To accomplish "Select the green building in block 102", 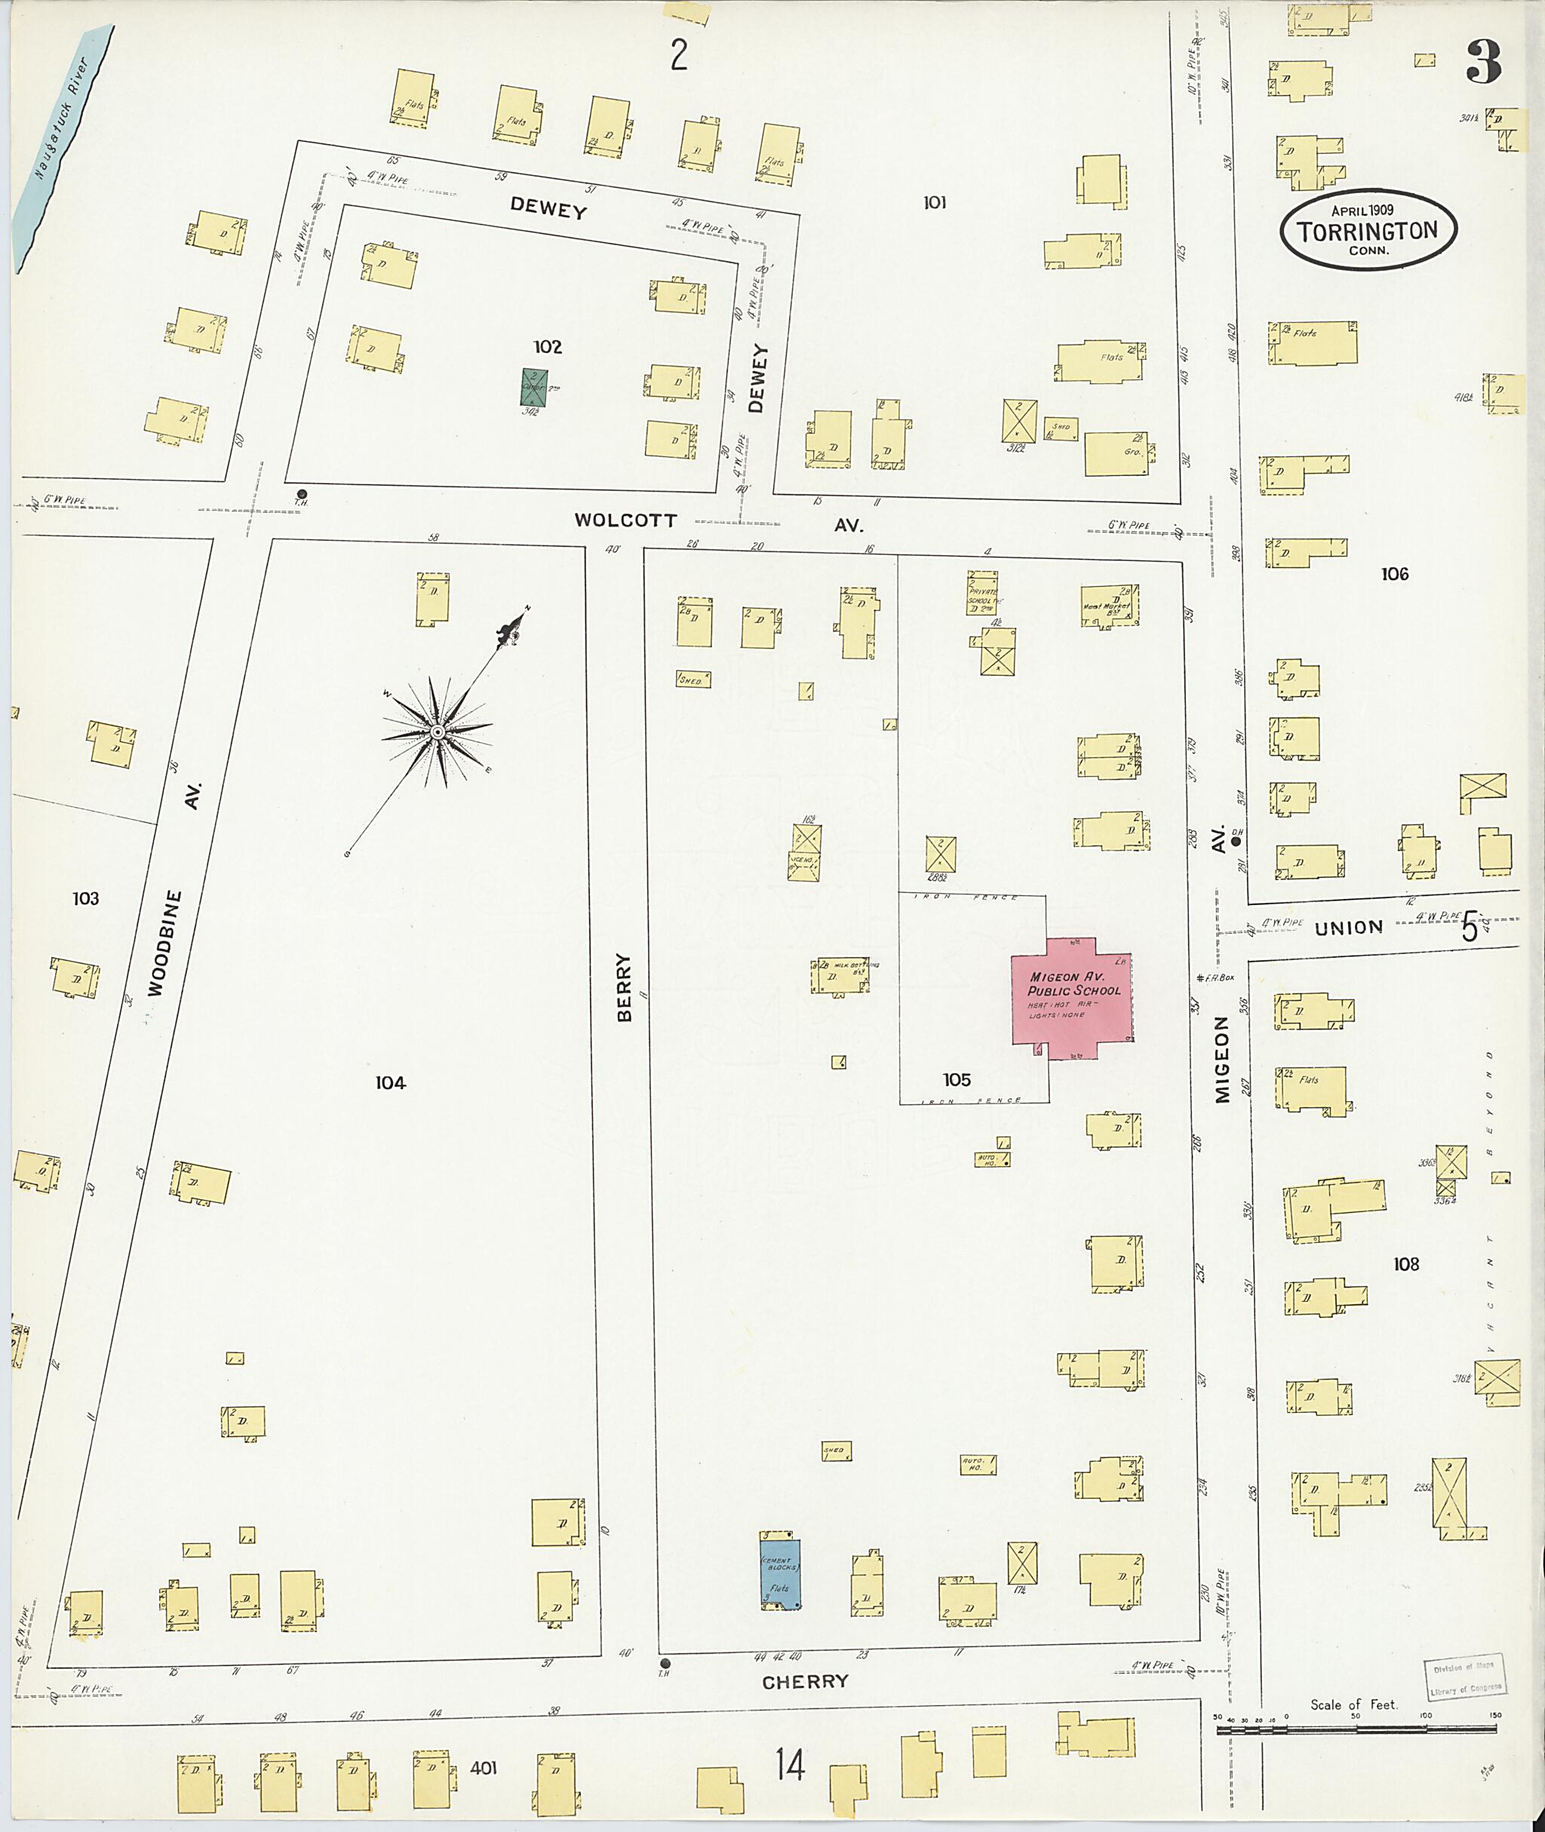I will [534, 386].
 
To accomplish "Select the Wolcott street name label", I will [625, 520].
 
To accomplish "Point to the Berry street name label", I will [624, 988].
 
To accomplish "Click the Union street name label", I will [1348, 926].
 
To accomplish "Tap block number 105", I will [957, 1080].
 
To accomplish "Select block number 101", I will [935, 202].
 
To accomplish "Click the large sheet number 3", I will [1484, 61].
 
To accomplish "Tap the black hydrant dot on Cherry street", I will [665, 1663].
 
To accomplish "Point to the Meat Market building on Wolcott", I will [1109, 605].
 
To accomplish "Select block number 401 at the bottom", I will [484, 1768].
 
